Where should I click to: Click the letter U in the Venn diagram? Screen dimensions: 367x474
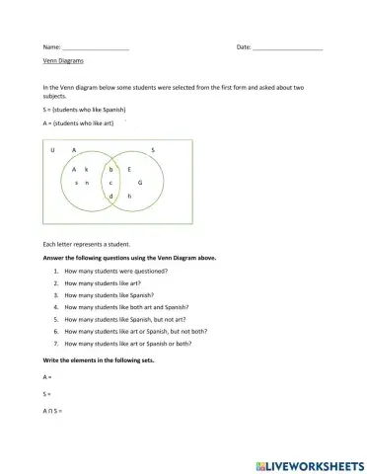(x=52, y=150)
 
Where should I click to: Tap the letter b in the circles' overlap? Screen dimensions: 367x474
(x=110, y=170)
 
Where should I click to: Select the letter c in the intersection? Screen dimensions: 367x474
(x=110, y=184)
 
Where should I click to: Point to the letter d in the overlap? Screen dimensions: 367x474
(x=110, y=197)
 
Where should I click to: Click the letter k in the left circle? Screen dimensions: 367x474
(x=87, y=170)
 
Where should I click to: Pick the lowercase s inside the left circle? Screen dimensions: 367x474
(x=76, y=184)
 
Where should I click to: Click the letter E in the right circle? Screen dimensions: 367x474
(x=129, y=170)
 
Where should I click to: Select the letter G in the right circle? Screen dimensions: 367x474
(x=139, y=184)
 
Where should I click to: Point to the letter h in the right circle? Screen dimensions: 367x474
(x=129, y=197)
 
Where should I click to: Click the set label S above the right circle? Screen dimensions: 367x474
(x=152, y=150)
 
